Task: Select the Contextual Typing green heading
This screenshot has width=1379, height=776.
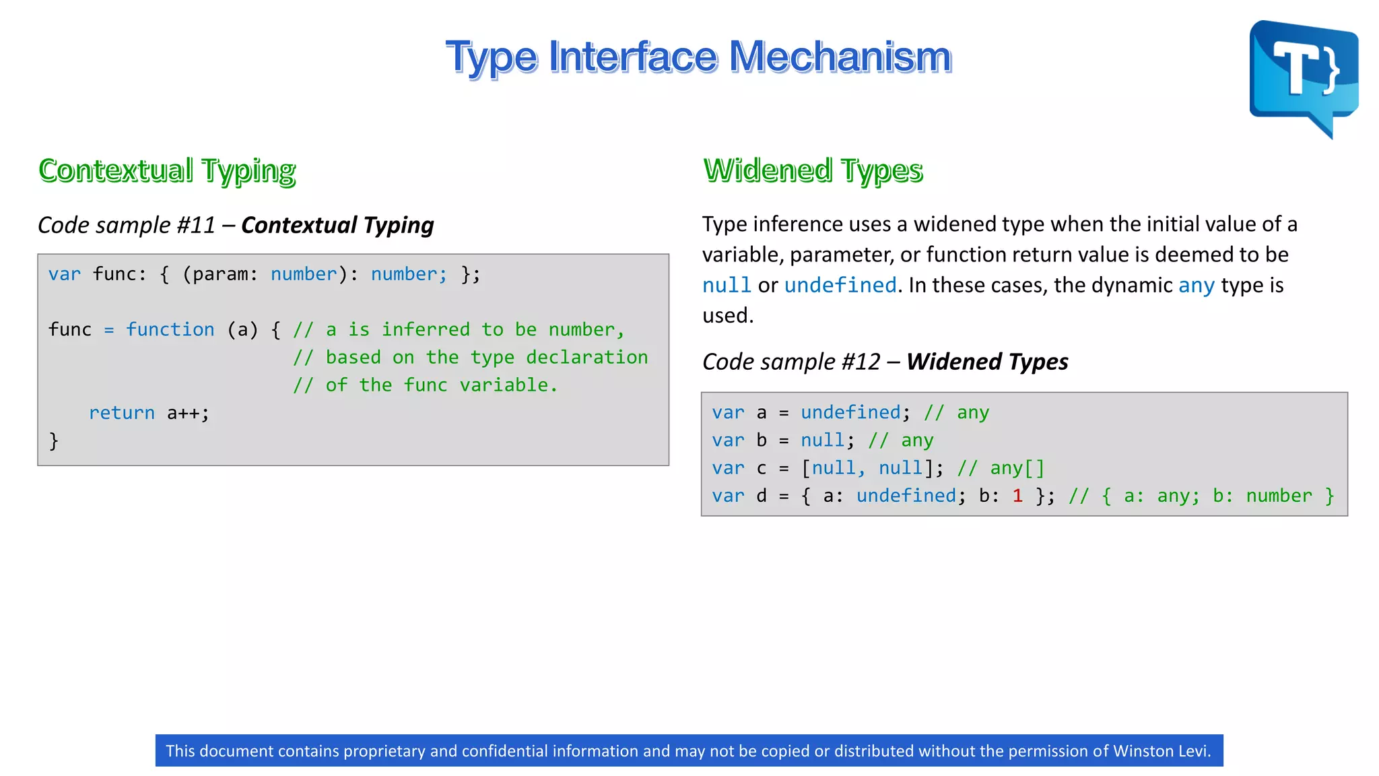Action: (167, 170)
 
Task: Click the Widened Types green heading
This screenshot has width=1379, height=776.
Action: (813, 170)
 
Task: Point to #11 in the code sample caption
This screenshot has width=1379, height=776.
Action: (196, 225)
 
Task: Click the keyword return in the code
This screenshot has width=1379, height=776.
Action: (122, 413)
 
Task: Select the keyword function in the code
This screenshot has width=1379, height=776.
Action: (170, 329)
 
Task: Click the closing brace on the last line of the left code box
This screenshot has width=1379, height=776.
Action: (54, 441)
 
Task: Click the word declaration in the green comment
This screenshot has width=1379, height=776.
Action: (586, 357)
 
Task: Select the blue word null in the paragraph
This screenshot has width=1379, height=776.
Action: (727, 285)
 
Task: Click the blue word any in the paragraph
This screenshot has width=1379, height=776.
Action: (1197, 285)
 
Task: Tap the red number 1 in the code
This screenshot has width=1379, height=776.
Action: (1017, 496)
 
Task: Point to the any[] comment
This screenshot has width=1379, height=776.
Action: (1017, 468)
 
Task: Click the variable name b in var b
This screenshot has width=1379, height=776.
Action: (762, 441)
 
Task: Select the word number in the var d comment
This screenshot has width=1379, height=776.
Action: (1279, 496)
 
